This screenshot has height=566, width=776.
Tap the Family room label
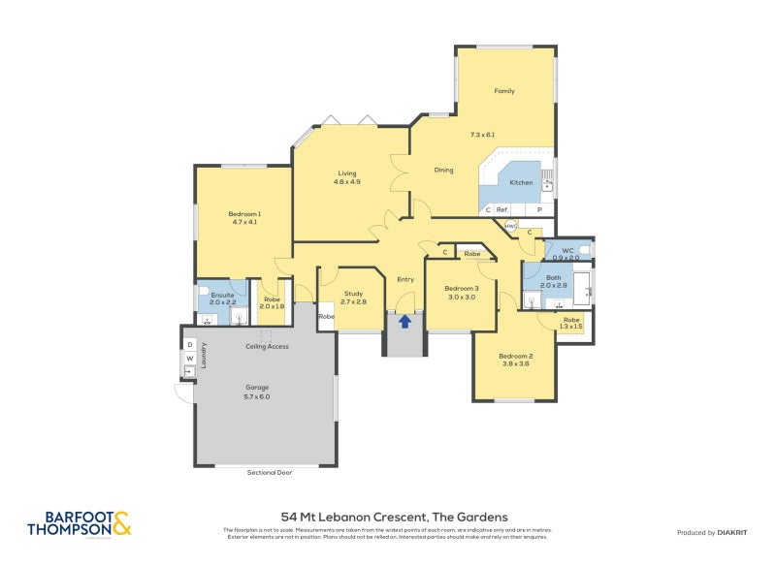pyautogui.click(x=504, y=91)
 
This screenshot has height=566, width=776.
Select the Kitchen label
pyautogui.click(x=521, y=182)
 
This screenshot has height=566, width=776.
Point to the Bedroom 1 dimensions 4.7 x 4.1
pyautogui.click(x=244, y=222)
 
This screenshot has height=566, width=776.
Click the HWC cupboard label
pyautogui.click(x=510, y=226)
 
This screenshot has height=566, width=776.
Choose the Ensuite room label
pyautogui.click(x=222, y=294)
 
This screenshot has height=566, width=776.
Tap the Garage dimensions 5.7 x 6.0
pyautogui.click(x=256, y=396)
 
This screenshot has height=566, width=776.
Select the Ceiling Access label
pyautogui.click(x=267, y=346)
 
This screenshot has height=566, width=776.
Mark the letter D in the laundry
pyautogui.click(x=190, y=344)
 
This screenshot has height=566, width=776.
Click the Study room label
pyautogui.click(x=354, y=294)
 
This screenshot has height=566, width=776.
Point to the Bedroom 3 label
pyautogui.click(x=462, y=289)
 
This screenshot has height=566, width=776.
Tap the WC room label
pyautogui.click(x=568, y=250)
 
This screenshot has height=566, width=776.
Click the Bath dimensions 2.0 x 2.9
pyautogui.click(x=553, y=286)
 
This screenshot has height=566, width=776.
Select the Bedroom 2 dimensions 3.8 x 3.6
pyautogui.click(x=515, y=364)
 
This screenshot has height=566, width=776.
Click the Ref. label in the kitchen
pyautogui.click(x=502, y=209)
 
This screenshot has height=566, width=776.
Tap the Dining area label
pyautogui.click(x=443, y=170)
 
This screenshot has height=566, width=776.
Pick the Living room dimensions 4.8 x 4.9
pyautogui.click(x=347, y=181)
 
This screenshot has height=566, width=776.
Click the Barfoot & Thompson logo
pyautogui.click(x=79, y=523)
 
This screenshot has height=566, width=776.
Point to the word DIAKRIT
pyautogui.click(x=736, y=532)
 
